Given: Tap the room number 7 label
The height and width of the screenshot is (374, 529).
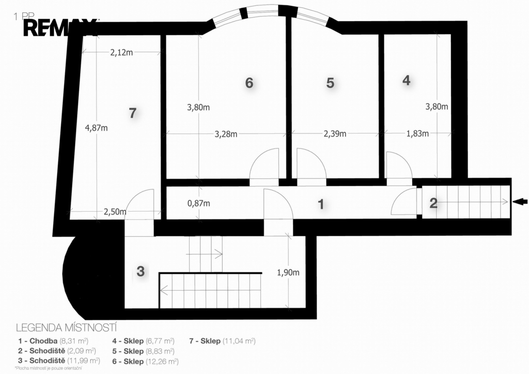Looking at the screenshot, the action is [x=133, y=113].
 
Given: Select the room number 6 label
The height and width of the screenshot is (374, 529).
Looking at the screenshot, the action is [x=249, y=83].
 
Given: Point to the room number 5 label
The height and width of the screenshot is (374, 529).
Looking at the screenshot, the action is [x=330, y=83].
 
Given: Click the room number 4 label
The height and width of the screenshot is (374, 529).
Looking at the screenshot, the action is [x=407, y=80].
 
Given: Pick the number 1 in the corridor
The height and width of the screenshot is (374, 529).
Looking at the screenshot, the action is [x=321, y=204].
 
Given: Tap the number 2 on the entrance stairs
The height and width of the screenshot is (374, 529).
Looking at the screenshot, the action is [x=433, y=203].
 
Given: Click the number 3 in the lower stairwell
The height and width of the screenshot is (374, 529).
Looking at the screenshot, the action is [x=141, y=271].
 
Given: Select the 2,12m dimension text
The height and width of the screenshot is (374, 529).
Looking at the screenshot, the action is [x=121, y=52].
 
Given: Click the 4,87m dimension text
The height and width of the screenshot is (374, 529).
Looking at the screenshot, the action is [x=97, y=128].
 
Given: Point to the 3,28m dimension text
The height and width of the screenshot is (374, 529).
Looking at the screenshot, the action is [x=226, y=134].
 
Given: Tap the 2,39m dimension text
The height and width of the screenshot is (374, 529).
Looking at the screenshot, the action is [x=335, y=134].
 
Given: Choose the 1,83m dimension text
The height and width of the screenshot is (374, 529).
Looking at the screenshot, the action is [x=417, y=133].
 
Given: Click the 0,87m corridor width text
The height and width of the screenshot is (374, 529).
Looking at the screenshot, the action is [x=199, y=203].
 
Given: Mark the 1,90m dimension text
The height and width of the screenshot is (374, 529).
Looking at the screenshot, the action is [x=288, y=273].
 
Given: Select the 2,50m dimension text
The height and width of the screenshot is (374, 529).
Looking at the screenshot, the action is [x=115, y=212].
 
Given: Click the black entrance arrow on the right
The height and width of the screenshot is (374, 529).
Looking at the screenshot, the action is [x=520, y=202].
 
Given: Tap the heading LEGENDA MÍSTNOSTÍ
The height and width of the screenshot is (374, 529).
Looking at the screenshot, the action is [x=67, y=328].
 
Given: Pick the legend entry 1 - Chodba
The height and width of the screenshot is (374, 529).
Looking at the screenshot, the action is [x=53, y=341].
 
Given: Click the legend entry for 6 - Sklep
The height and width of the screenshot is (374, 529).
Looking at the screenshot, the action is [x=145, y=362].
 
